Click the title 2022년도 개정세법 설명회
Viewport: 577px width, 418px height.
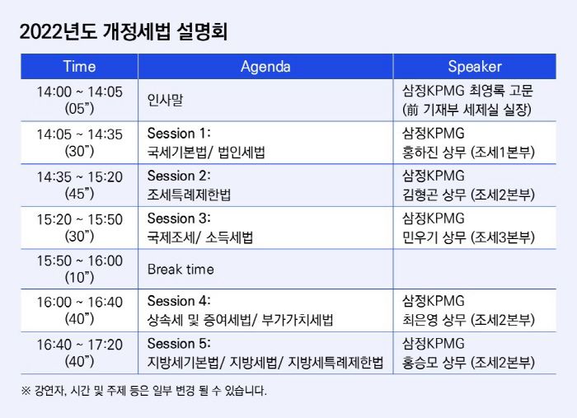(x=124, y=31)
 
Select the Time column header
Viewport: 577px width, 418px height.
(x=79, y=67)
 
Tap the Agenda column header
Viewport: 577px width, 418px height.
(x=265, y=67)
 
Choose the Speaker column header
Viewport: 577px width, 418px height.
(x=475, y=67)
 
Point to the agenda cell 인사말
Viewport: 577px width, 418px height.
(x=165, y=100)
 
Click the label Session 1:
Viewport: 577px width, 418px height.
(x=179, y=134)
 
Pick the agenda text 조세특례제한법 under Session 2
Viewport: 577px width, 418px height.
(x=189, y=195)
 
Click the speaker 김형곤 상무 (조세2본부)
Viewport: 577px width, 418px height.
(x=468, y=195)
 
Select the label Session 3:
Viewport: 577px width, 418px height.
(x=179, y=218)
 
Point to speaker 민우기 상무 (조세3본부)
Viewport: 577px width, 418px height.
(x=468, y=237)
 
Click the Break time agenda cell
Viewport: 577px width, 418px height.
(x=181, y=270)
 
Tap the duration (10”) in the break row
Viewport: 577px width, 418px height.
(x=79, y=278)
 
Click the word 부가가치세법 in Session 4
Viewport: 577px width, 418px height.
(x=298, y=320)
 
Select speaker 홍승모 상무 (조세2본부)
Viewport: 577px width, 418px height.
(x=468, y=363)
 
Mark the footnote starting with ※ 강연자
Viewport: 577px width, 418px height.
(x=144, y=391)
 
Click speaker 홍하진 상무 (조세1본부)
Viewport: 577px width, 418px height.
(x=468, y=152)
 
